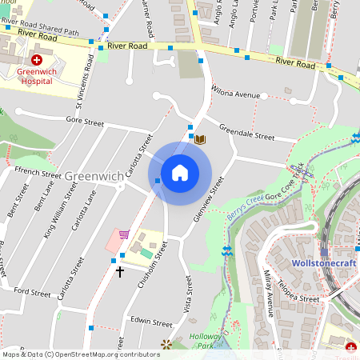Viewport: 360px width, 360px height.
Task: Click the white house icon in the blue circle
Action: point(180,173)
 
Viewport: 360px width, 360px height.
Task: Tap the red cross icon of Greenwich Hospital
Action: point(37,60)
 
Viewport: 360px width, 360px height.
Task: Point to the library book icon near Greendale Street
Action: point(201,139)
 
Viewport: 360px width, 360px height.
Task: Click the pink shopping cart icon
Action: point(124,234)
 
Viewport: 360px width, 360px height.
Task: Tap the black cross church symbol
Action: point(121,272)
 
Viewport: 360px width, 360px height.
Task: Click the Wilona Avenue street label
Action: point(236,94)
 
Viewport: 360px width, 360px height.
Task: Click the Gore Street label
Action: point(85,123)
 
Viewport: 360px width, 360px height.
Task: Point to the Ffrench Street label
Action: point(38,173)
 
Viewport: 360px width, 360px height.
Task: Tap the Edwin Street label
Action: point(151,323)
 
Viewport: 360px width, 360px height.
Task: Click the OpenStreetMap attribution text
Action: point(80,354)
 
